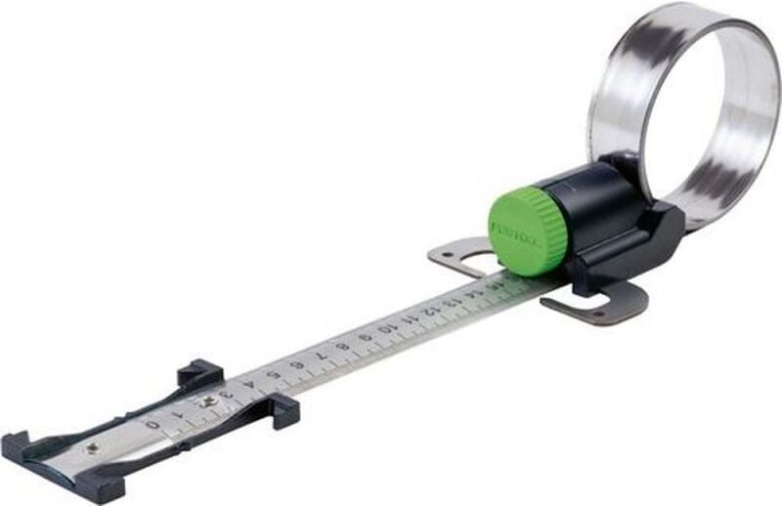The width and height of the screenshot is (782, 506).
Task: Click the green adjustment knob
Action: (529, 226)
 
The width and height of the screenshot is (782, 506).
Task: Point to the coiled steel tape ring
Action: (683, 107)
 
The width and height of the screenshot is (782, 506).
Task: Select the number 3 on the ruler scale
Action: (231, 394)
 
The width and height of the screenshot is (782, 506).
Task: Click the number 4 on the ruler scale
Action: (256, 384)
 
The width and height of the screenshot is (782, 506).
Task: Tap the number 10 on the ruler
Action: (388, 329)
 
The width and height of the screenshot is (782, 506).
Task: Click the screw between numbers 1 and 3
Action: (208, 401)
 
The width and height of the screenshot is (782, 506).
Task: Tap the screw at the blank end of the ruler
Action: (92, 447)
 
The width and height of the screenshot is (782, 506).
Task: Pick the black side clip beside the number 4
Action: (283, 410)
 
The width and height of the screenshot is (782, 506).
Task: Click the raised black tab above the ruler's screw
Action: (200, 372)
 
